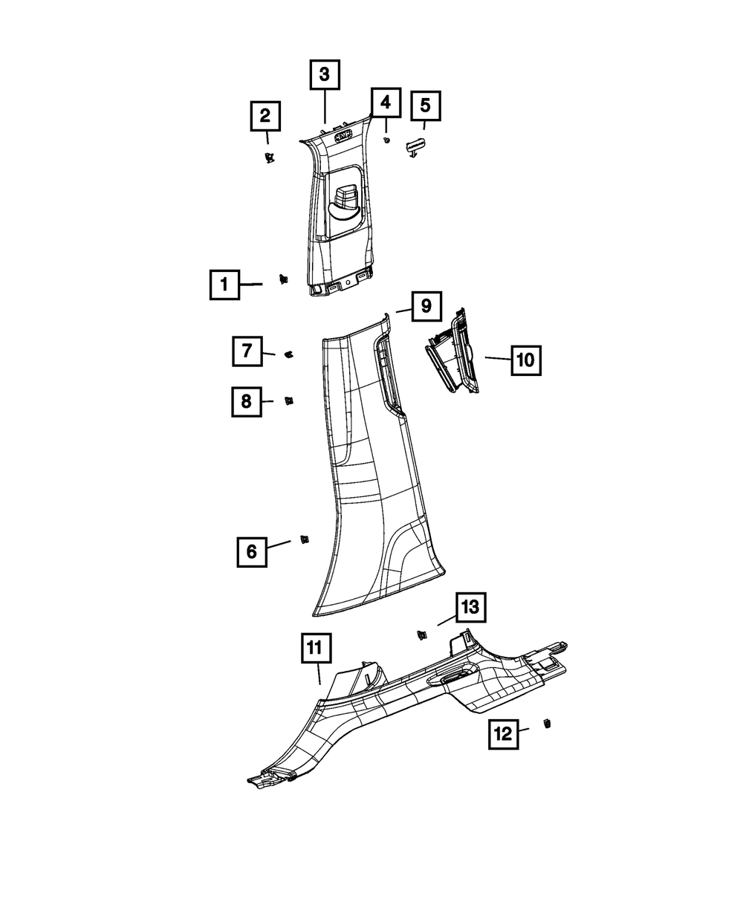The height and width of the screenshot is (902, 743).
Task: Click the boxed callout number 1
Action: tap(224, 285)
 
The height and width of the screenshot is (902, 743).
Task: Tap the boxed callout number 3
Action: tap(325, 75)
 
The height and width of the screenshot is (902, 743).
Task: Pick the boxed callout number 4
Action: tap(385, 103)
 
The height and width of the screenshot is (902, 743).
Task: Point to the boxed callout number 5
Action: tap(425, 106)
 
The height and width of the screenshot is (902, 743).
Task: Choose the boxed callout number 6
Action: tap(251, 551)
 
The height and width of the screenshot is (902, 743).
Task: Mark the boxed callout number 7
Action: tap(246, 350)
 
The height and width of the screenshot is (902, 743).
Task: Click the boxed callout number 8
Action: tap(246, 402)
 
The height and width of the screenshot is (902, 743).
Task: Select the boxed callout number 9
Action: tap(426, 305)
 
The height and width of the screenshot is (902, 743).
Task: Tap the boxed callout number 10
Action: tap(525, 360)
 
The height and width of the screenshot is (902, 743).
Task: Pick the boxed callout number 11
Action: tap(316, 648)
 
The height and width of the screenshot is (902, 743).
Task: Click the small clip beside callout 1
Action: tap(283, 279)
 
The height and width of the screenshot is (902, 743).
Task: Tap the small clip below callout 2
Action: tap(269, 156)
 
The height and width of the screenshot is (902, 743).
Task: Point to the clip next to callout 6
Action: tap(304, 539)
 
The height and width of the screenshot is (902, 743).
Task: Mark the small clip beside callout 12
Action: tap(548, 724)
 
